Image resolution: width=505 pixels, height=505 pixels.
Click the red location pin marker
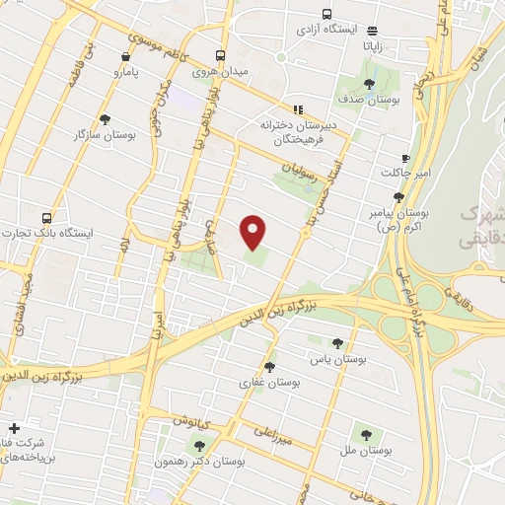click(x=253, y=232)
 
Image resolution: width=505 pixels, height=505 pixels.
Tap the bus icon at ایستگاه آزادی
click(x=372, y=32)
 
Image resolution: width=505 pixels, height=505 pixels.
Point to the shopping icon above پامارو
click(x=124, y=57)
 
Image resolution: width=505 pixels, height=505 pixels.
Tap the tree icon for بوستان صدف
click(x=369, y=85)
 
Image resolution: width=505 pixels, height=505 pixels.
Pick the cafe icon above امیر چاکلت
click(x=404, y=158)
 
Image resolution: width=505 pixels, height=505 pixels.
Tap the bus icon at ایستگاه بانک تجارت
click(x=46, y=218)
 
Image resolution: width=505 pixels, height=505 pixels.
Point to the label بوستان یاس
click(x=336, y=360)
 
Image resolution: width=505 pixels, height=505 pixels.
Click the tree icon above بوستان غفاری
click(x=269, y=366)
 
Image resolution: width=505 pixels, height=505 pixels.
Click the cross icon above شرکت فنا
click(x=14, y=429)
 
